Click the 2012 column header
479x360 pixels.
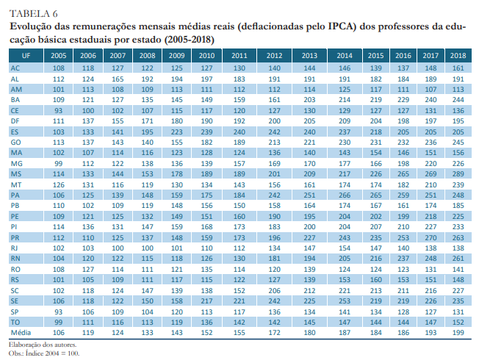(275, 56)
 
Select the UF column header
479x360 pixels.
(26, 56)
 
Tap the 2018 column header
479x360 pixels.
(458, 56)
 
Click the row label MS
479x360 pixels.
(15, 173)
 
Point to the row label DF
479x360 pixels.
(15, 120)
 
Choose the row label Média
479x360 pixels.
(20, 332)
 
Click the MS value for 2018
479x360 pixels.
(458, 173)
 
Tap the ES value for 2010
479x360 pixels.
(207, 131)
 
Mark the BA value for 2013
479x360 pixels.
(309, 98)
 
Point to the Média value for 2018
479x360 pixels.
(458, 332)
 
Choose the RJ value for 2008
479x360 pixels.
(147, 248)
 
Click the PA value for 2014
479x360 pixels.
(345, 195)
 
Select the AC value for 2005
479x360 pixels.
(59, 67)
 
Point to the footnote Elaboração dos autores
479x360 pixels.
(43, 344)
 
